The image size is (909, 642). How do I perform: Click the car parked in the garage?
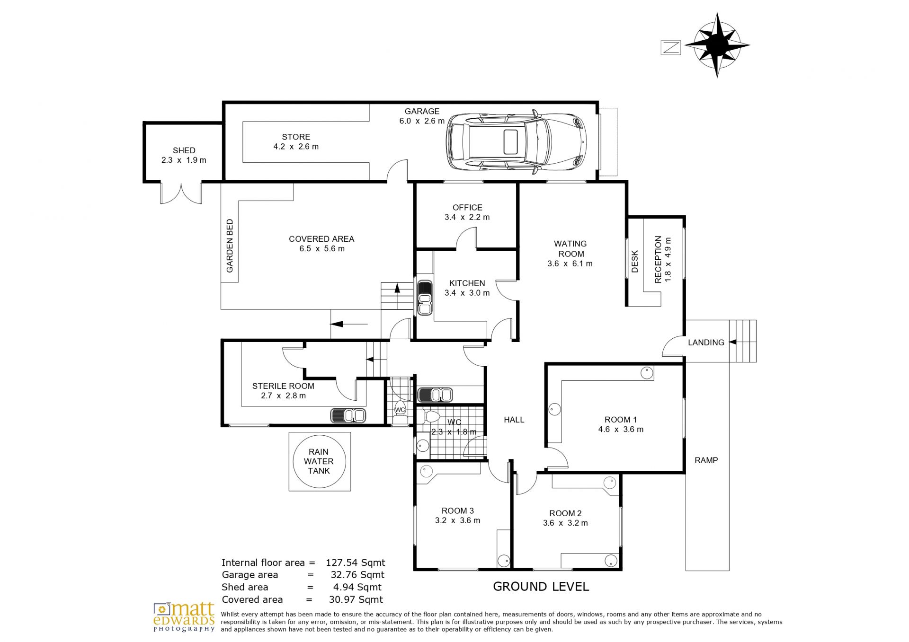[x=517, y=141]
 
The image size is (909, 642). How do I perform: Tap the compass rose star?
[x=717, y=45]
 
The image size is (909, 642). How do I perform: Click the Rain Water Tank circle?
[x=319, y=461]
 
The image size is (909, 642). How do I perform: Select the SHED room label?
[x=184, y=150]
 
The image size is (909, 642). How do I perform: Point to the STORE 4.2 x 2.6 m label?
[x=296, y=142]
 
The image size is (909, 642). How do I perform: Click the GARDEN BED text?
[x=230, y=246]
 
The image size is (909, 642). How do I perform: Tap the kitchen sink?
[x=425, y=298]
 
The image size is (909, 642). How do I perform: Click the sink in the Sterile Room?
[x=348, y=415]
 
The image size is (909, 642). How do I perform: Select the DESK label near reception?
[x=635, y=261]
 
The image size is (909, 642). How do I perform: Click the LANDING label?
[x=706, y=343]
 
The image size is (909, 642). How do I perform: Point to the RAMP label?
[x=706, y=460]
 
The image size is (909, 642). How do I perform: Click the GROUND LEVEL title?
[x=541, y=587]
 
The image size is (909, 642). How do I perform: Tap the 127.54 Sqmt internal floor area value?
[x=355, y=563]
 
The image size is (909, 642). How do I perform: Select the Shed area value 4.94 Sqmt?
[x=357, y=587]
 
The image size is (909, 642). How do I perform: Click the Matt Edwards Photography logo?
[x=184, y=617]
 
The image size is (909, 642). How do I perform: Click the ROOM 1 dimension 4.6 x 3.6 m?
[x=621, y=430]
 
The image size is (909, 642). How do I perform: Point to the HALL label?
[x=514, y=420]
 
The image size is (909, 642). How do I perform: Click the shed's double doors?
[x=181, y=193]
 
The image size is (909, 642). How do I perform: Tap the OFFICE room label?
[x=467, y=208]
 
